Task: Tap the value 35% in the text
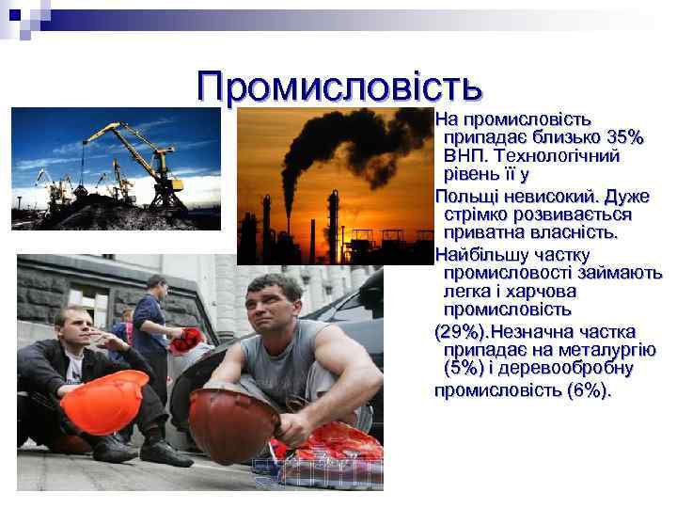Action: point(623,138)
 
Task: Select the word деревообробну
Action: point(575,369)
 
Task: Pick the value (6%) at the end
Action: point(589,389)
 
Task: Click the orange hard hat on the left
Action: point(104,401)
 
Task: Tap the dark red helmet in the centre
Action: point(233,422)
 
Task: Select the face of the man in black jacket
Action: point(71,330)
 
